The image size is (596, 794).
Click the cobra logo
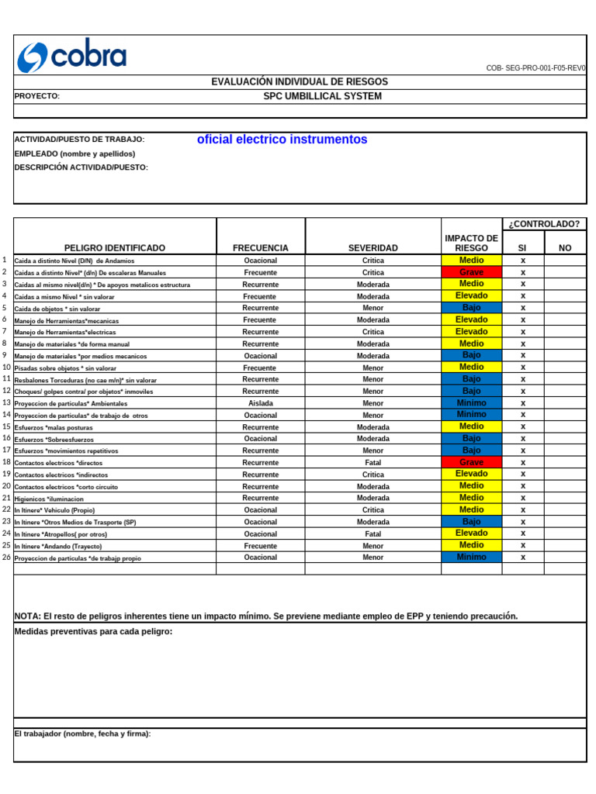pyautogui.click(x=71, y=56)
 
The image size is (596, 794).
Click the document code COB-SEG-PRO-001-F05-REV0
pyautogui.click(x=535, y=68)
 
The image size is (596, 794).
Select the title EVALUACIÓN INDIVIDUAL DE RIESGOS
pyautogui.click(x=300, y=81)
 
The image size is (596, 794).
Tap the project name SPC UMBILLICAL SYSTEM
pyautogui.click(x=322, y=96)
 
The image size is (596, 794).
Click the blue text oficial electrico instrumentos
pyautogui.click(x=282, y=140)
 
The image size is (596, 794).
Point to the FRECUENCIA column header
pyautogui.click(x=260, y=248)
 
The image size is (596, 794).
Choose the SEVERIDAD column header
pyautogui.click(x=372, y=248)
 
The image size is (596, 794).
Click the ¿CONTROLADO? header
pyautogui.click(x=544, y=224)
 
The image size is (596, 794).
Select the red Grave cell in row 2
pyautogui.click(x=471, y=272)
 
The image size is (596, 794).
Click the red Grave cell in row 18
pyautogui.click(x=471, y=462)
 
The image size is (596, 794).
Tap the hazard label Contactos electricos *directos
pyautogui.click(x=58, y=463)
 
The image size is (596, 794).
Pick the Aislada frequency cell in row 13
pyautogui.click(x=260, y=403)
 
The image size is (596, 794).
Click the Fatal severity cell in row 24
pyautogui.click(x=372, y=533)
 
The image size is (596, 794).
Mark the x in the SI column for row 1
pyautogui.click(x=522, y=261)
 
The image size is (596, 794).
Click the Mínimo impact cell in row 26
pyautogui.click(x=471, y=557)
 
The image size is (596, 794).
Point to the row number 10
pyautogui.click(x=6, y=368)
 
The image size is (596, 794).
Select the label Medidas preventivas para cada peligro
pyautogui.click(x=93, y=631)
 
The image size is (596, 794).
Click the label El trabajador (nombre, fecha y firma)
pyautogui.click(x=82, y=734)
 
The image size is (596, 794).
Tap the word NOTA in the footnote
pyautogui.click(x=27, y=616)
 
